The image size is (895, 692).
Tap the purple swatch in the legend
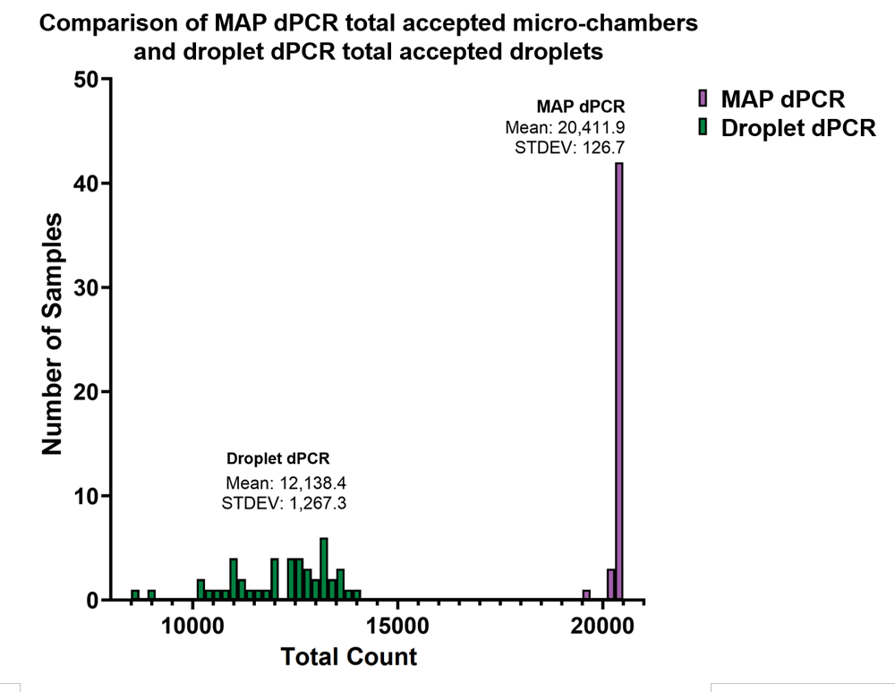point(703,98)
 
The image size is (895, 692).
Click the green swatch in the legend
point(703,127)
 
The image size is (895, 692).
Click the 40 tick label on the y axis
point(85,184)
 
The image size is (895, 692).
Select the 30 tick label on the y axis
point(85,287)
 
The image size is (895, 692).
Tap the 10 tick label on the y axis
point(85,495)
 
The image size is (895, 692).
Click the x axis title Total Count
point(349,657)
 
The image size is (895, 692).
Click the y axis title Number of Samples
point(53,333)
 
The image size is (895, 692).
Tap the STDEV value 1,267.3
point(311,503)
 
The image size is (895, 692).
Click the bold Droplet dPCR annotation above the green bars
point(278,459)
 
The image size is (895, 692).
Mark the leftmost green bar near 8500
point(135,594)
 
